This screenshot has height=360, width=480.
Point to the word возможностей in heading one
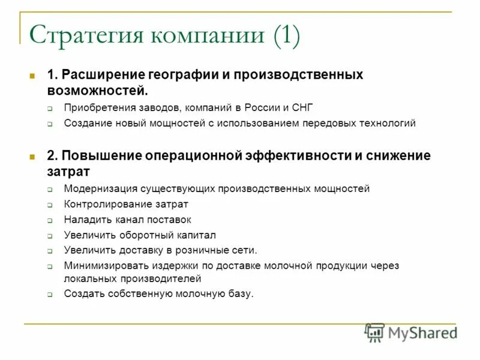point(97,90)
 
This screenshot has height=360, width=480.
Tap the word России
point(262,108)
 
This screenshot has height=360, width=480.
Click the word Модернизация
point(101,188)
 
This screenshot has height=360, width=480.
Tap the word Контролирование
point(103,204)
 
